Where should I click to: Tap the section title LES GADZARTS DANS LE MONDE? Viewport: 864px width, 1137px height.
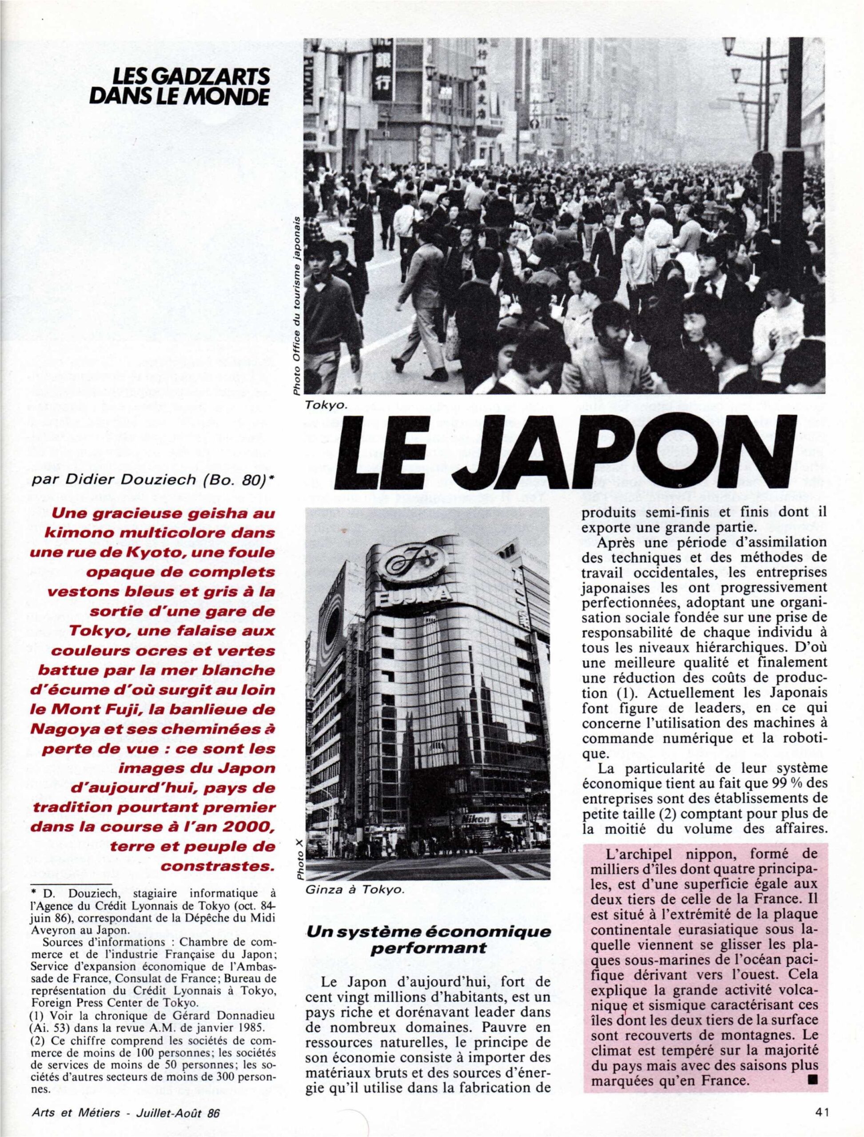pyautogui.click(x=179, y=87)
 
